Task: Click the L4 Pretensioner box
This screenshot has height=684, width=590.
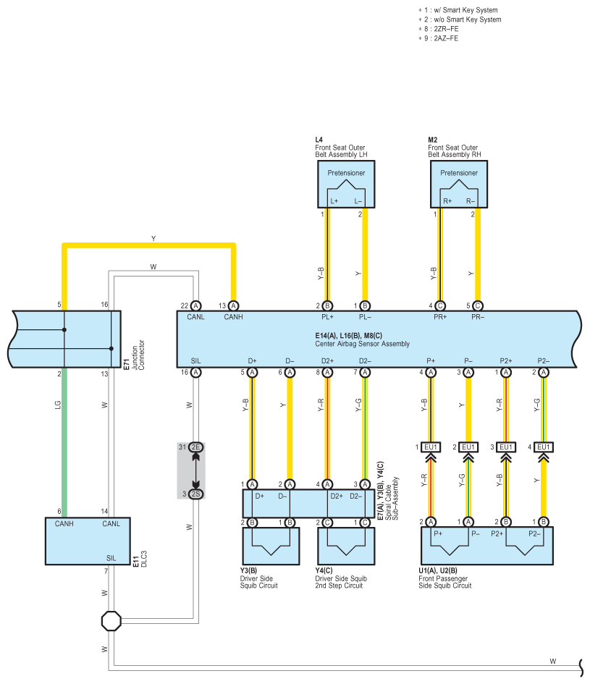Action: (346, 184)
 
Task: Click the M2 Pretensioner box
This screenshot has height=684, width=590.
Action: (459, 184)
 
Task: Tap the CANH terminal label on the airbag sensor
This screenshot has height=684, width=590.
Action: (233, 316)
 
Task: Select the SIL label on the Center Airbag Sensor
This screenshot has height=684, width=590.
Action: (195, 360)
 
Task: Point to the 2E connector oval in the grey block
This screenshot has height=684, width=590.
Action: (195, 447)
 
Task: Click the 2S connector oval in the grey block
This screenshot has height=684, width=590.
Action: (195, 494)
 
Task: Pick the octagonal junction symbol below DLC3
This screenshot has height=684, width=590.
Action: (111, 621)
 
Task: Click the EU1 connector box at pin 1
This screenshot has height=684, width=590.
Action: (431, 447)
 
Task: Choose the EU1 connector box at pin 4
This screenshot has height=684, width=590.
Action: (544, 447)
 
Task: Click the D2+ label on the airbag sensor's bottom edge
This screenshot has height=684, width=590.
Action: (327, 360)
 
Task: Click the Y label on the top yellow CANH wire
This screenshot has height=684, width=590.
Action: (153, 238)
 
